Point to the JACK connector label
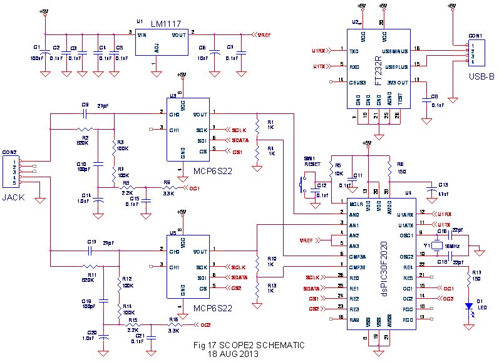14,197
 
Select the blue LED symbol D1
468,306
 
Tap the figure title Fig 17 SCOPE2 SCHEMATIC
249,345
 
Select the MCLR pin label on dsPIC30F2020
356,204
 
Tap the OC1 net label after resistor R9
191,187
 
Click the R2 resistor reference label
85,136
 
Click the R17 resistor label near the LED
477,272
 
